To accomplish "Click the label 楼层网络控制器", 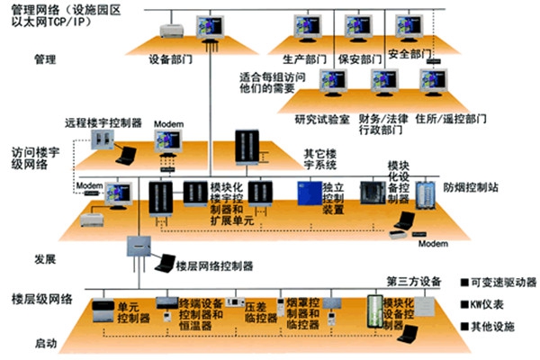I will click(215, 266).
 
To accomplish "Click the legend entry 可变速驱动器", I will click(500, 282).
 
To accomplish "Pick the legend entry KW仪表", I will click(487, 305).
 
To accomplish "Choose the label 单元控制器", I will click(134, 312).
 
